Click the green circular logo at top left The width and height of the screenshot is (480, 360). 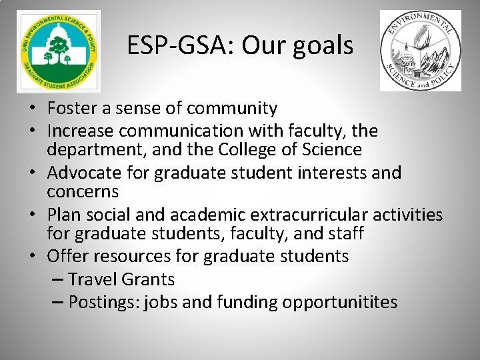click(59, 51)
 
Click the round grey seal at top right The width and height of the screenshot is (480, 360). click(420, 51)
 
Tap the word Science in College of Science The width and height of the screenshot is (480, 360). click(338, 150)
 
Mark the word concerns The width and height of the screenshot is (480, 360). click(83, 193)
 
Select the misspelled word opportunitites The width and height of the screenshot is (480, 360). click(339, 303)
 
